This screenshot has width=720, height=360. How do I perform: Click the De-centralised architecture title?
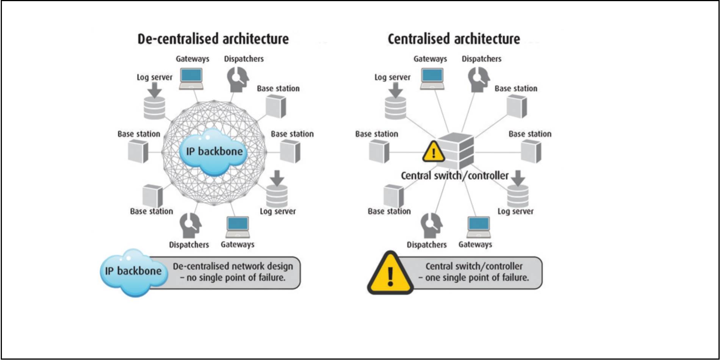click(213, 39)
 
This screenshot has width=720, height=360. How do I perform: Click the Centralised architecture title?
click(454, 39)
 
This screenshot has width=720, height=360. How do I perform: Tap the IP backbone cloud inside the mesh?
click(214, 152)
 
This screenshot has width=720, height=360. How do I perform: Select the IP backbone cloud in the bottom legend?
click(133, 271)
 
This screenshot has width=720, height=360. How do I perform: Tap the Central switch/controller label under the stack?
click(454, 176)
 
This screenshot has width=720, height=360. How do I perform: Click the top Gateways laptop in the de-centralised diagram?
click(191, 78)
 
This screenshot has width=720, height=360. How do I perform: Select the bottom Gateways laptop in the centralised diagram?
click(479, 227)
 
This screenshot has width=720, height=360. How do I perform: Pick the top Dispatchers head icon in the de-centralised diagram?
click(238, 79)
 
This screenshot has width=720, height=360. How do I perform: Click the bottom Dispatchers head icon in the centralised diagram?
click(431, 225)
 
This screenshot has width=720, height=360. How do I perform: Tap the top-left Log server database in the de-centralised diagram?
click(154, 108)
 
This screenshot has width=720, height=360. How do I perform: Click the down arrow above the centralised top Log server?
click(396, 90)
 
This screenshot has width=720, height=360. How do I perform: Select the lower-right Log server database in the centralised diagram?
click(518, 196)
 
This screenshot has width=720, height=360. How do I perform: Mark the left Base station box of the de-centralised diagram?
click(138, 151)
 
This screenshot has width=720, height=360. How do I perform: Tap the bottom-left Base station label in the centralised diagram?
click(389, 211)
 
